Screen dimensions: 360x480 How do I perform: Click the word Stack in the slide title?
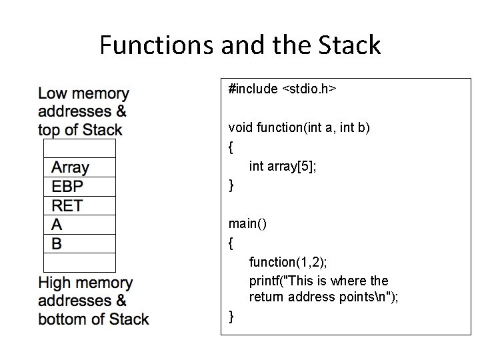(x=349, y=45)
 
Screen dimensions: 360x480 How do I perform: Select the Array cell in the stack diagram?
(x=79, y=167)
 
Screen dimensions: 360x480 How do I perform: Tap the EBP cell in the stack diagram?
(x=79, y=186)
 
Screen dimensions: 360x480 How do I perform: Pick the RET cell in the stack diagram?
(x=79, y=205)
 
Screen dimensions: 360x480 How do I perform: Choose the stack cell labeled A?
(x=79, y=225)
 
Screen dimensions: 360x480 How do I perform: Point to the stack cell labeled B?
(x=79, y=243)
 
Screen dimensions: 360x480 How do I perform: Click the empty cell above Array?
(x=79, y=147)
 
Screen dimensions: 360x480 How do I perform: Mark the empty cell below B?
(x=79, y=263)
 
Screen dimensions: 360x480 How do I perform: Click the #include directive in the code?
(x=253, y=89)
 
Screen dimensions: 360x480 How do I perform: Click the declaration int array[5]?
(x=283, y=166)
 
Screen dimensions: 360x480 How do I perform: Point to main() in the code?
(x=247, y=224)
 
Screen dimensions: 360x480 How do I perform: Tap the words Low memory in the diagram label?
(x=84, y=93)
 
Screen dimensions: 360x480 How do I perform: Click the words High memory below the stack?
(x=86, y=284)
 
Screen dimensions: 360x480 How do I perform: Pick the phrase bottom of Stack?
(x=94, y=319)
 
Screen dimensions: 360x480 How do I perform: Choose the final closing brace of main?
(x=231, y=315)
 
